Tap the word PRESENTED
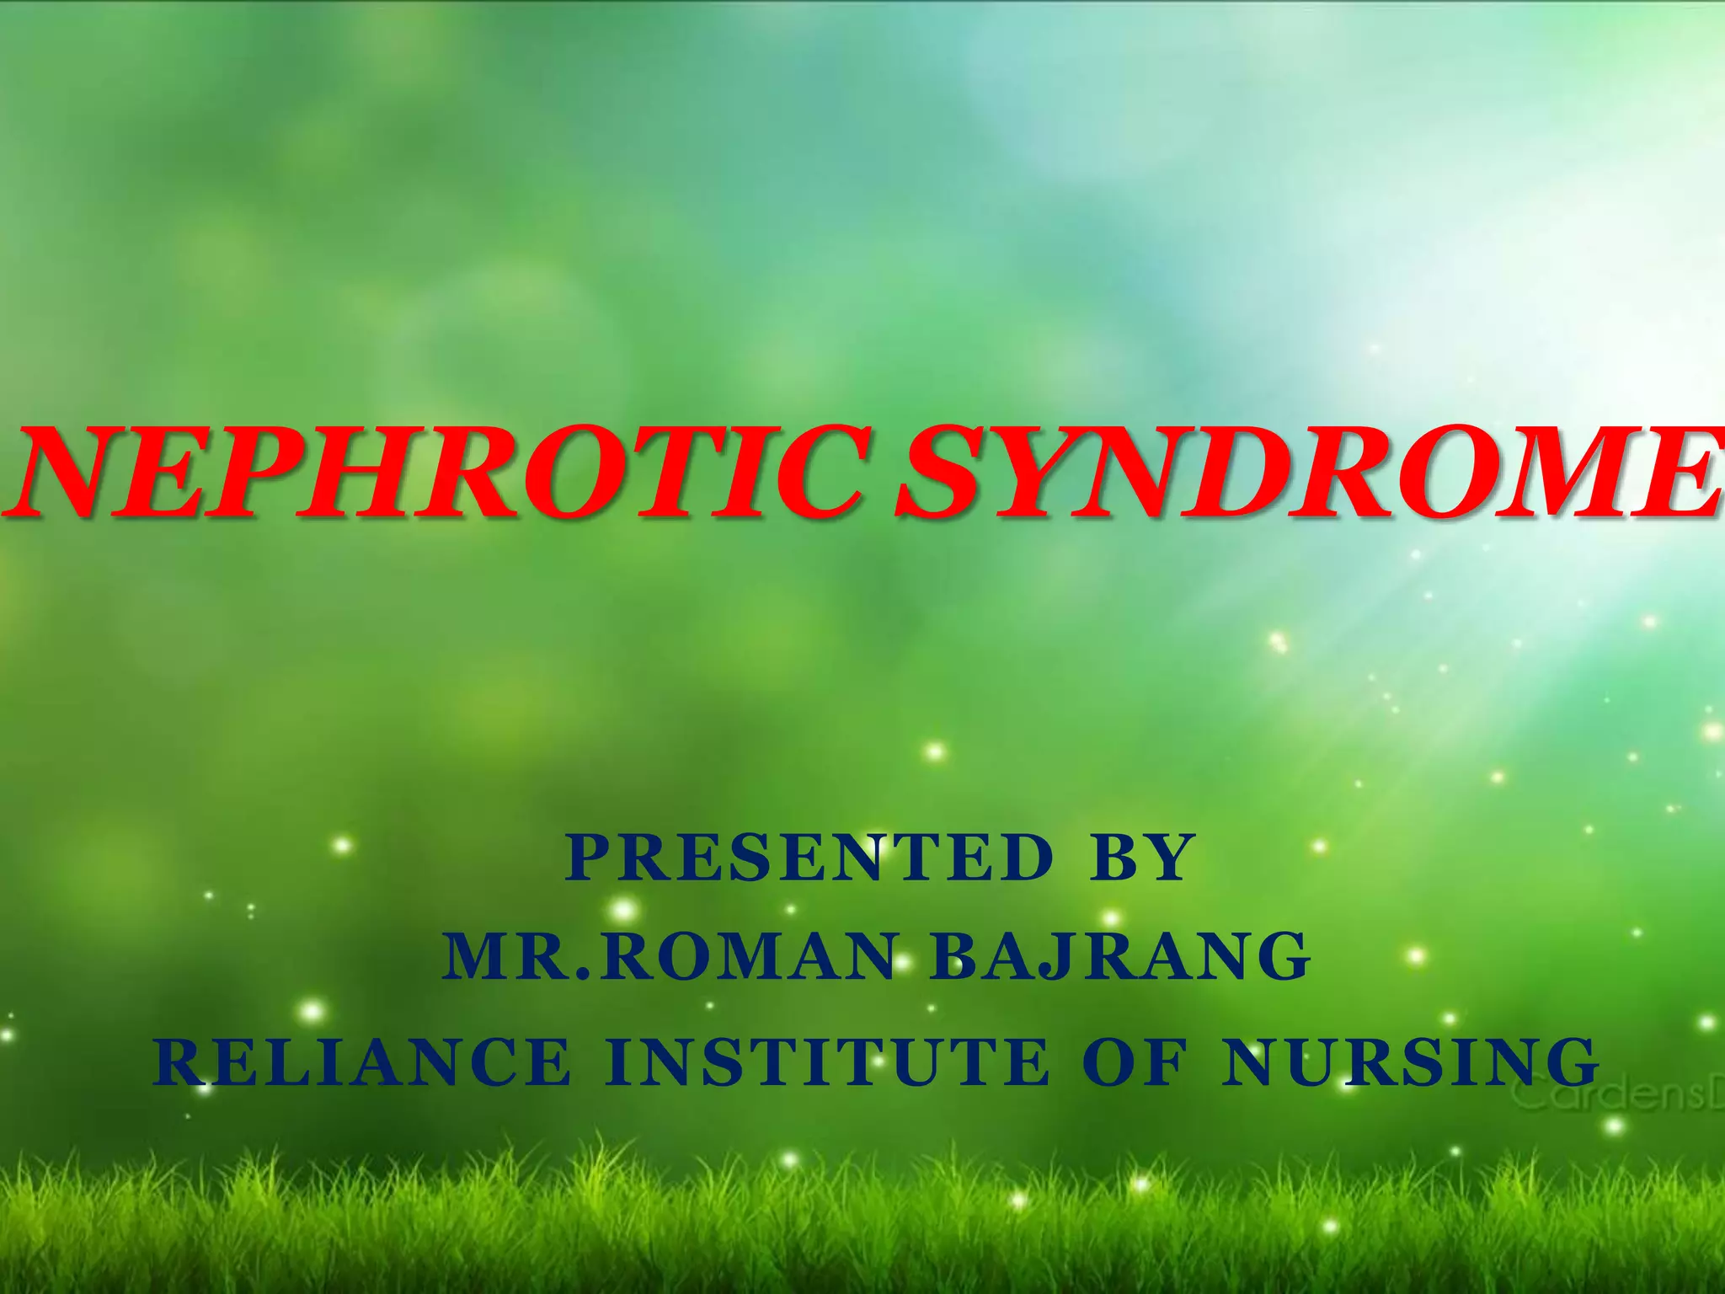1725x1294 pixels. click(x=809, y=858)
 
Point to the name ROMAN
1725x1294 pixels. click(x=750, y=957)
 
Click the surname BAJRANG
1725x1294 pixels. click(x=1120, y=957)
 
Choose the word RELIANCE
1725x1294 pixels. click(x=363, y=1061)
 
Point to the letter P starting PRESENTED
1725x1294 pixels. click(x=589, y=858)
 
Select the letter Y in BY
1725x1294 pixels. click(x=1167, y=858)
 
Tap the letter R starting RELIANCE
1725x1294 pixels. click(x=178, y=1061)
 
